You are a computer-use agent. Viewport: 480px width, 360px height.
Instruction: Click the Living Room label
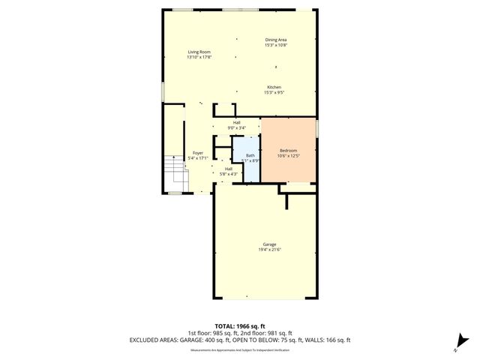[199, 52]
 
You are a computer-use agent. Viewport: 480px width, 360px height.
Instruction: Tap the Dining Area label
[276, 40]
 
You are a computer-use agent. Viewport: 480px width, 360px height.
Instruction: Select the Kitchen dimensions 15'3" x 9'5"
[274, 93]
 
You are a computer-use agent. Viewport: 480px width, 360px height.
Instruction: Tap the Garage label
[269, 244]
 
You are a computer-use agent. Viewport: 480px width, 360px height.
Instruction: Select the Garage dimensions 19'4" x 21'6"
[269, 250]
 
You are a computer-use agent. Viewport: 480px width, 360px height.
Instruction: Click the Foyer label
[197, 153]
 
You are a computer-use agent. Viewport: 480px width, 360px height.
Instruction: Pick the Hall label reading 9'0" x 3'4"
[236, 127]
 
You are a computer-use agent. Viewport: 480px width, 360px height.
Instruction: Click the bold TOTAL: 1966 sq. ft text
[239, 326]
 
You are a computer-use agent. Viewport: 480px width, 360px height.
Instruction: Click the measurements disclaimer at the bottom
[239, 349]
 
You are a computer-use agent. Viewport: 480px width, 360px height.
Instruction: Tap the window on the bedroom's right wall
[317, 128]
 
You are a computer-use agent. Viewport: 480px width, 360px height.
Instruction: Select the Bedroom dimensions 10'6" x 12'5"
[288, 155]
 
